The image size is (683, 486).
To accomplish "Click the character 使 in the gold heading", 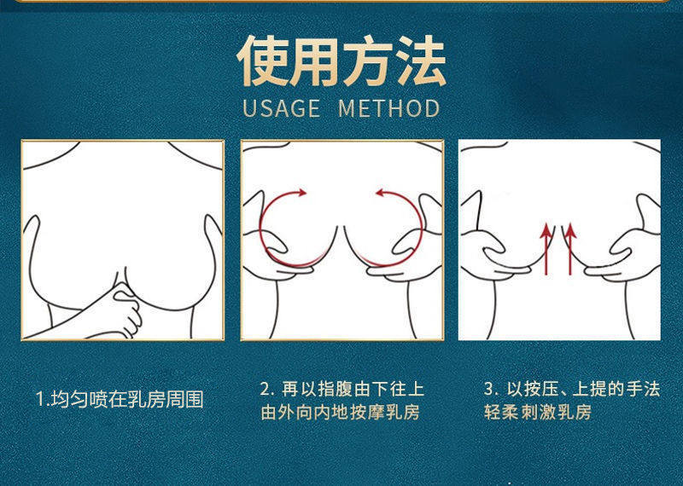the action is [263, 61].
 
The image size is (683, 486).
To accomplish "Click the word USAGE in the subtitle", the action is [281, 109].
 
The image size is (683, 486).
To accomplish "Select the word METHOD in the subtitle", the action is [389, 109].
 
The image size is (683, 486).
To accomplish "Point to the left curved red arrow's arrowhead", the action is [301, 193].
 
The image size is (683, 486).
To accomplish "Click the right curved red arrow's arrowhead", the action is [382, 193].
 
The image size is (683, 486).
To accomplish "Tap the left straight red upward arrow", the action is [546, 249].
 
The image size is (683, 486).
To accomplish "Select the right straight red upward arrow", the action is [570, 249].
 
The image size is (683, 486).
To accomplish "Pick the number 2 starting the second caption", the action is [265, 389].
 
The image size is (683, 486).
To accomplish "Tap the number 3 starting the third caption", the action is [488, 389].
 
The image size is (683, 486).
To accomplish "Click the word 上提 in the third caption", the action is [590, 389].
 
